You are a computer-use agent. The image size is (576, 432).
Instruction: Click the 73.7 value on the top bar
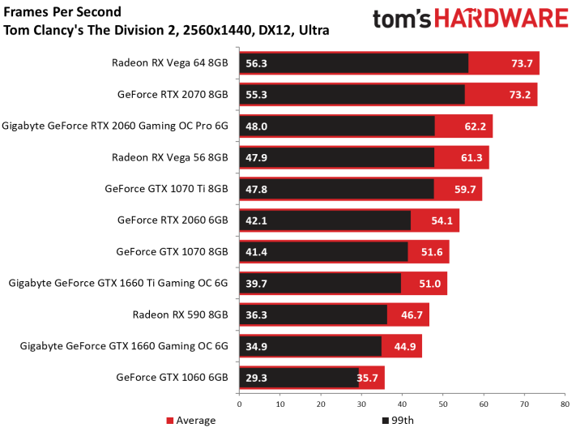(x=522, y=63)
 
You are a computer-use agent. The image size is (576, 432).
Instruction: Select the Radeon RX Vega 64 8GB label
(x=169, y=63)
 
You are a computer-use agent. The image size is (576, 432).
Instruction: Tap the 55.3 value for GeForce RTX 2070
(x=256, y=95)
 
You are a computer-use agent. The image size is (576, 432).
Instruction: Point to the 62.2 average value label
(x=475, y=126)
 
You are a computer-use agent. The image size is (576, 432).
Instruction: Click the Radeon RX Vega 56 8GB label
(x=169, y=157)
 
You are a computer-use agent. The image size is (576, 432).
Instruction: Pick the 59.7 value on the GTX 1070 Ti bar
(x=465, y=190)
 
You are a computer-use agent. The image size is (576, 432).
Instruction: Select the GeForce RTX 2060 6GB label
(x=173, y=220)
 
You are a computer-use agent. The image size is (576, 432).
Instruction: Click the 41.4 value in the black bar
(x=256, y=252)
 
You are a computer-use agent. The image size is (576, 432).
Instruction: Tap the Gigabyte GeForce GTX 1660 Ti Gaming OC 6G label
(x=118, y=283)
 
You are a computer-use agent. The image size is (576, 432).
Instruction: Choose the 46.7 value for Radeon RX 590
(x=412, y=315)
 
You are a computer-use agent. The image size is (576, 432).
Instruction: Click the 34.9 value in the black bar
(x=256, y=347)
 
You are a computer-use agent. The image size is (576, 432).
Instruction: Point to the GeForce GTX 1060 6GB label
(x=172, y=377)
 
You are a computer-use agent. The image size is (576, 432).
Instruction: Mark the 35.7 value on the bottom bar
(x=367, y=378)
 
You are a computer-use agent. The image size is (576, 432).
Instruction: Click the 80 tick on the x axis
(x=565, y=404)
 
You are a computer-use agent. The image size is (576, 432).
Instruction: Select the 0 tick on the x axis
(x=240, y=404)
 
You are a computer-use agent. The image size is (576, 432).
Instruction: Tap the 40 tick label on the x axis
(x=402, y=404)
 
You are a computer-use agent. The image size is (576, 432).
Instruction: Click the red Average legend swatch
(x=169, y=421)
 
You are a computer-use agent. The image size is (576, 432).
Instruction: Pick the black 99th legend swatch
(x=386, y=421)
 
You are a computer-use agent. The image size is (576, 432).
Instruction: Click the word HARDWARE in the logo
(x=501, y=19)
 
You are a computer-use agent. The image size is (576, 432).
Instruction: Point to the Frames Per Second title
(x=62, y=12)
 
